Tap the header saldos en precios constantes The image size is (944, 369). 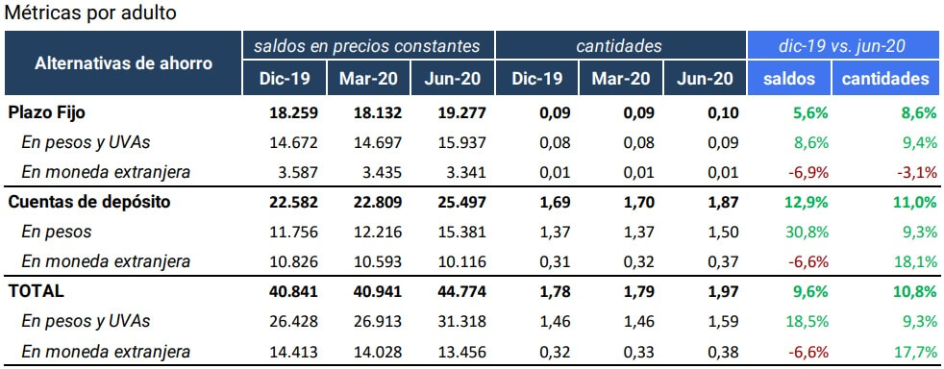366,45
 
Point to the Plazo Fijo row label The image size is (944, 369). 47,112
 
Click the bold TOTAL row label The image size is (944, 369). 36,291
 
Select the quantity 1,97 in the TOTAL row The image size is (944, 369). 722,291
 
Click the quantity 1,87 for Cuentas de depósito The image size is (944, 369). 722,202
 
